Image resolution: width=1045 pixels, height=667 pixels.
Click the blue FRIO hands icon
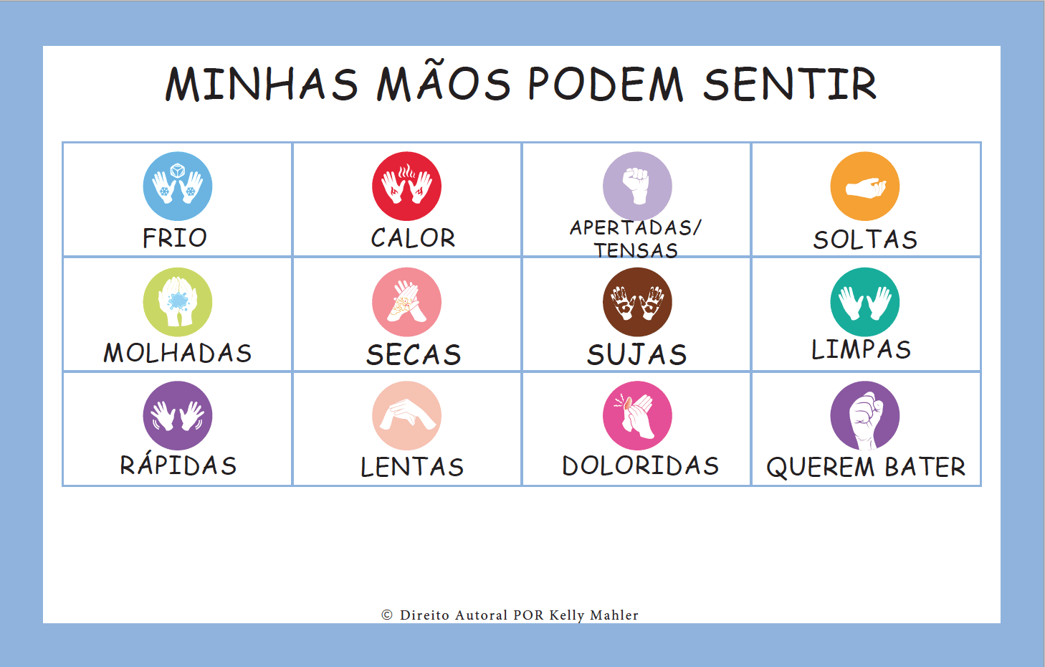pos(178,186)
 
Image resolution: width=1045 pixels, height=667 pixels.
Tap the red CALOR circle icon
pos(406,186)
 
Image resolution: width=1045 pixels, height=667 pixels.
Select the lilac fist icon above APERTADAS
pos(637,186)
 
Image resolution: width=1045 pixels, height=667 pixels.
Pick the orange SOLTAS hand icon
pos(865,186)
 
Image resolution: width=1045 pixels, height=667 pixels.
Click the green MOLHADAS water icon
pos(178,302)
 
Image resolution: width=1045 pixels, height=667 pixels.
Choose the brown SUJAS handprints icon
pos(637,302)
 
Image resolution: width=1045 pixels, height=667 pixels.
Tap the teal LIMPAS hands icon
pos(865,302)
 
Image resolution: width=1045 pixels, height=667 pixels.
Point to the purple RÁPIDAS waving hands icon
pos(178,415)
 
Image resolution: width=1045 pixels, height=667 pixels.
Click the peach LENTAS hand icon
pos(406,415)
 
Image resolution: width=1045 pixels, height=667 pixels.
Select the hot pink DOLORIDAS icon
pos(637,415)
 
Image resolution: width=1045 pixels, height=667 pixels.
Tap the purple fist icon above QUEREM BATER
pos(865,415)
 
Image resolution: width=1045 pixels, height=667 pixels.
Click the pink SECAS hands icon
pos(406,302)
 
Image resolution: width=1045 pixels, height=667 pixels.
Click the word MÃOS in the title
pos(444,84)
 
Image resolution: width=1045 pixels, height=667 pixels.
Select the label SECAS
pos(414,354)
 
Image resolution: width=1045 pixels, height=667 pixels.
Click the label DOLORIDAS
pos(640,465)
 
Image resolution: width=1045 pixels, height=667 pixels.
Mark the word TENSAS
pos(636,250)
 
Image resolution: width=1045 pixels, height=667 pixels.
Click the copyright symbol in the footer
pos(387,615)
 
